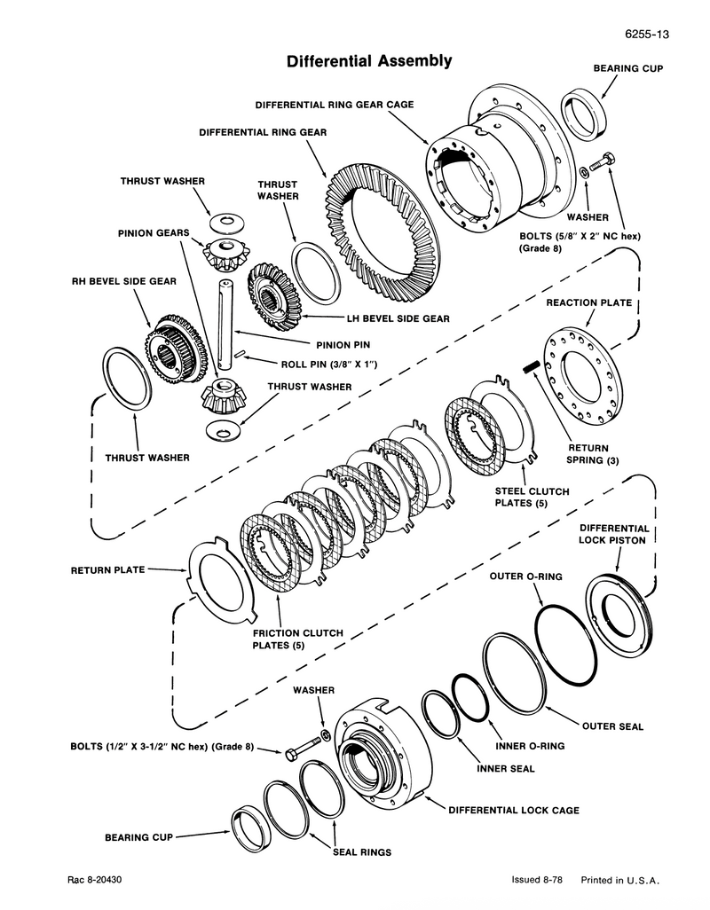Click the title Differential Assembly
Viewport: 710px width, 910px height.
point(368,61)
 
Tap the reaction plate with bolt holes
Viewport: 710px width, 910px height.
point(582,378)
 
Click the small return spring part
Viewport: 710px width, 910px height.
point(533,365)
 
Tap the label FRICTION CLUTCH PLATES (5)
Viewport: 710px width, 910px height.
point(297,639)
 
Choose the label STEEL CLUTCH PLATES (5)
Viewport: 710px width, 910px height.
point(532,497)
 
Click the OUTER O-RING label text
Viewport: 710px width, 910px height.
point(525,577)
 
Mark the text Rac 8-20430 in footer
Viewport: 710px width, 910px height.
point(95,881)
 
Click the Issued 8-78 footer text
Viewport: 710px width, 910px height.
point(537,881)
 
